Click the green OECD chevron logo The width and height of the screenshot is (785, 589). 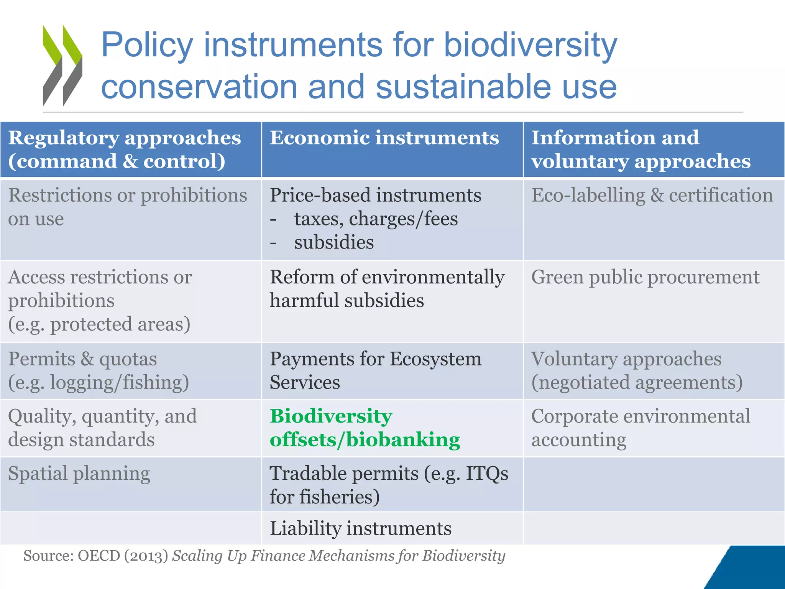pyautogui.click(x=62, y=65)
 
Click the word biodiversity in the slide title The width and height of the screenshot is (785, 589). pyautogui.click(x=530, y=45)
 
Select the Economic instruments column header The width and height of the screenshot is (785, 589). pyautogui.click(x=384, y=138)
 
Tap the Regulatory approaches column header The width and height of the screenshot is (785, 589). pyautogui.click(x=125, y=149)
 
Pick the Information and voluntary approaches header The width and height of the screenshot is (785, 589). pyautogui.click(x=641, y=149)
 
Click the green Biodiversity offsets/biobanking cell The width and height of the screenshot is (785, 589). pyautogui.click(x=365, y=428)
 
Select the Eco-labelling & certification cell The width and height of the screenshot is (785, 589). pyautogui.click(x=652, y=196)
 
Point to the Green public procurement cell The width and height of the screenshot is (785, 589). pyautogui.click(x=645, y=277)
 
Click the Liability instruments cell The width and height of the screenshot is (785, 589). pyautogui.click(x=361, y=528)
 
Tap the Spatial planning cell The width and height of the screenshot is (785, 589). pyautogui.click(x=79, y=474)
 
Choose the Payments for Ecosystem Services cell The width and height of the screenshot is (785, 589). pyautogui.click(x=376, y=370)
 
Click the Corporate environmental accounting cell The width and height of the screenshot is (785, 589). pyautogui.click(x=640, y=428)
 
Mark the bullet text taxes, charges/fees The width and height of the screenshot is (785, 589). pyautogui.click(x=376, y=219)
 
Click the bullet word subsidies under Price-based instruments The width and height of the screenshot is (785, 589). pyautogui.click(x=334, y=243)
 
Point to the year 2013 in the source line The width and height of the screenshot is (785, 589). pyautogui.click(x=146, y=556)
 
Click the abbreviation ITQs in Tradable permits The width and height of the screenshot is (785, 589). pyautogui.click(x=487, y=474)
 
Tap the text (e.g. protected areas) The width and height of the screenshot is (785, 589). pyautogui.click(x=99, y=324)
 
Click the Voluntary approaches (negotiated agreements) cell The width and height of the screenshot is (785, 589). pyautogui.click(x=637, y=370)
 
